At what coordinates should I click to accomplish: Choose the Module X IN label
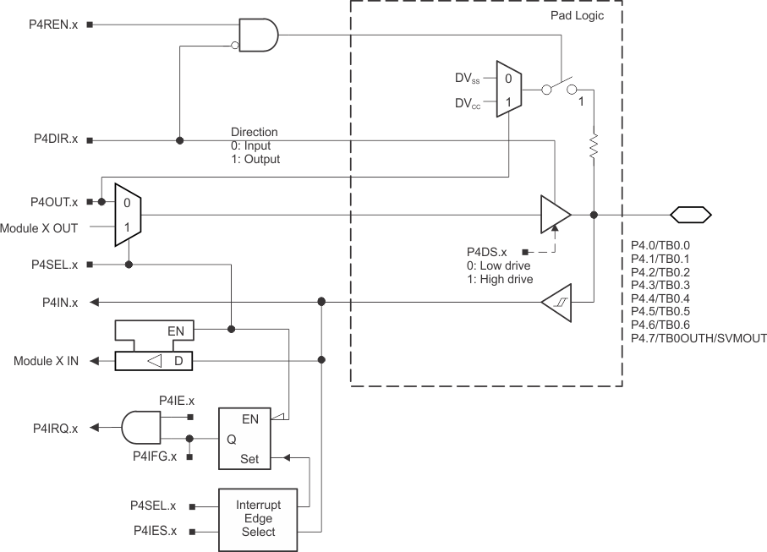(x=46, y=361)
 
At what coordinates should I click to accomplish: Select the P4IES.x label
(x=154, y=531)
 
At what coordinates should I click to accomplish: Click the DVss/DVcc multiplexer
(x=508, y=89)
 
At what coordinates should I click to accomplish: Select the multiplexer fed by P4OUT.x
(x=128, y=215)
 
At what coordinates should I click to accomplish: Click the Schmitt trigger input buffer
(x=556, y=302)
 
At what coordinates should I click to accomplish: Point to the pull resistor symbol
(x=594, y=145)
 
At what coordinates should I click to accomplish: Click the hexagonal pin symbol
(x=691, y=214)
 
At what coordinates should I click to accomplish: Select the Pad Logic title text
(x=576, y=16)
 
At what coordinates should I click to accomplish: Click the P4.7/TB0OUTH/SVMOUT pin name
(x=699, y=338)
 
